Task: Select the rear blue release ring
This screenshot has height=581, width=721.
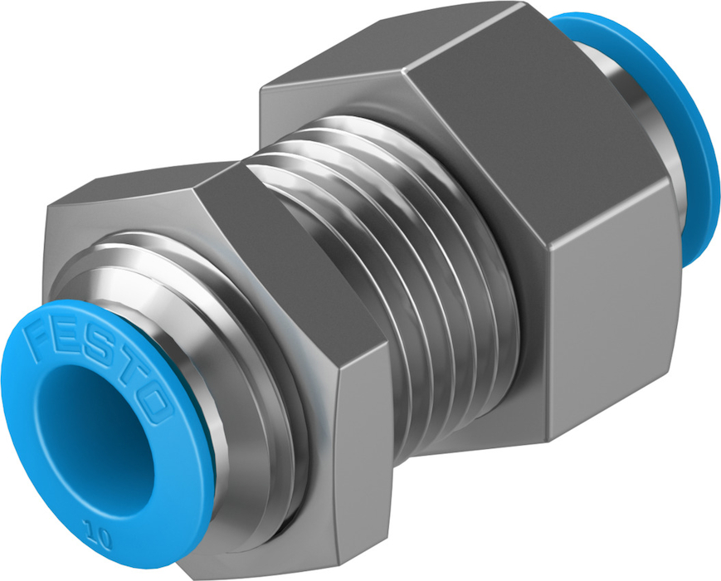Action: (x=662, y=115)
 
